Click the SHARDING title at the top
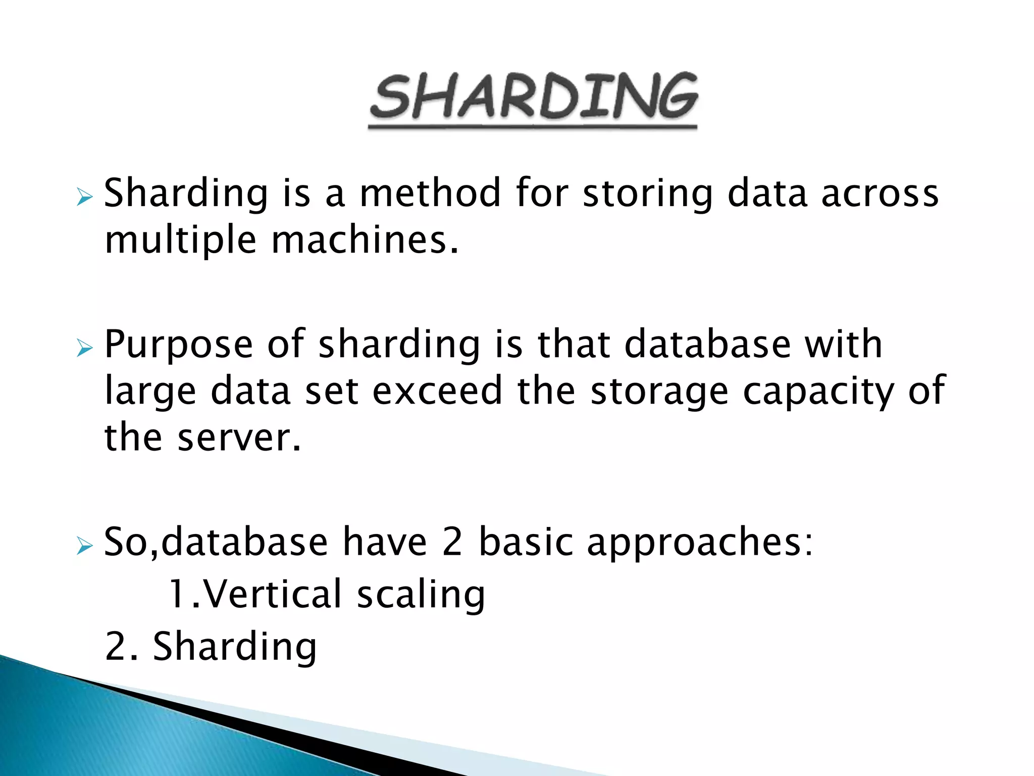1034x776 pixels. (x=533, y=97)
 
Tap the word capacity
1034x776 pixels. (x=818, y=392)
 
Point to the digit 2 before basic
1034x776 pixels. (x=452, y=542)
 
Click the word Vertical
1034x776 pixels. (x=273, y=594)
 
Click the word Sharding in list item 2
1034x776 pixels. (x=235, y=647)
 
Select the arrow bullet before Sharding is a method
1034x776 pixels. (x=84, y=197)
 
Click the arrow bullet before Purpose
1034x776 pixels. (x=84, y=348)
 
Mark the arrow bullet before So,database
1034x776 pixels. (x=84, y=546)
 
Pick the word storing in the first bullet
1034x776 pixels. (x=648, y=194)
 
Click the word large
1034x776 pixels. (x=150, y=392)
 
